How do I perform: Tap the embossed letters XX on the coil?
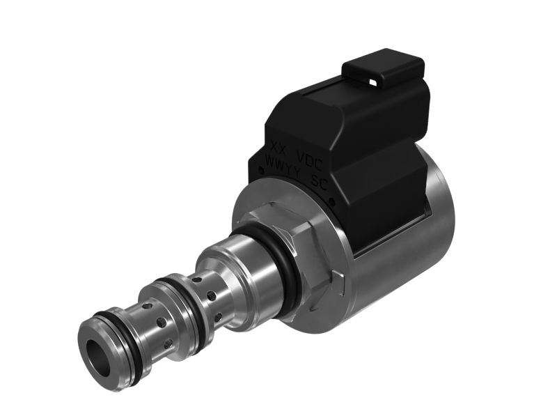[278, 148]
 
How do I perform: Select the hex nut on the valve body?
[311, 251]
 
